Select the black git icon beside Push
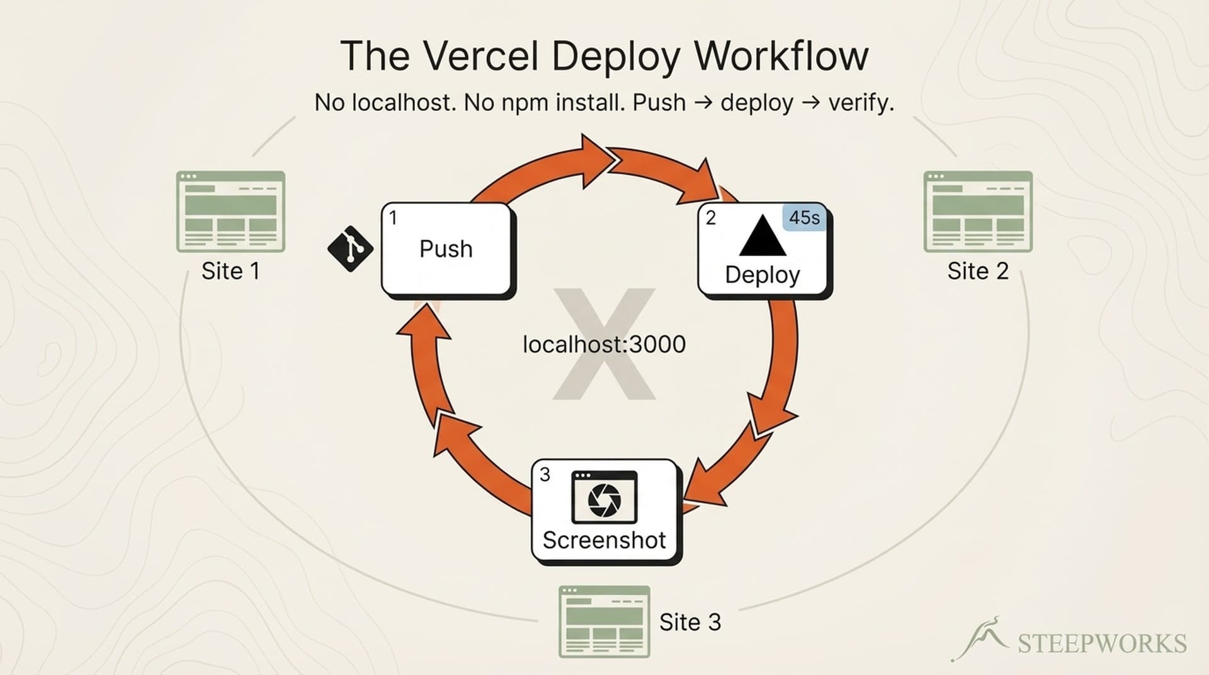350,249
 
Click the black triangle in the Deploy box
762,236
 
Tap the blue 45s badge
804,218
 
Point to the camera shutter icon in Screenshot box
604,499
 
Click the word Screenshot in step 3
604,540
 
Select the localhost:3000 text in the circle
604,344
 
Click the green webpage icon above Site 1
230,212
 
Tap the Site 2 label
977,271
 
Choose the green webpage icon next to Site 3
604,621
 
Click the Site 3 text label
690,622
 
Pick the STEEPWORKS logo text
1102,643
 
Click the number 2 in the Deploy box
711,218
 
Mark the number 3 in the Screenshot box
545,475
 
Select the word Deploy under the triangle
762,275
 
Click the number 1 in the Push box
393,218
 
